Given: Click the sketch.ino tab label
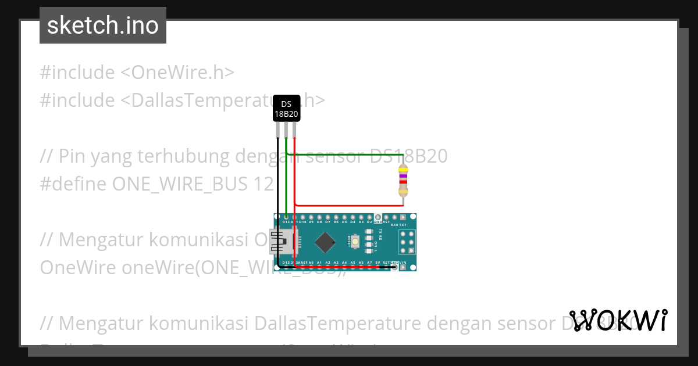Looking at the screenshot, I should pyautogui.click(x=102, y=26).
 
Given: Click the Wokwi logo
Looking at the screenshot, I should pyautogui.click(x=618, y=320).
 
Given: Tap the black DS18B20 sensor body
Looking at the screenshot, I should pyautogui.click(x=286, y=109).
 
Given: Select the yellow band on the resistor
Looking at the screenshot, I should pyautogui.click(x=403, y=170).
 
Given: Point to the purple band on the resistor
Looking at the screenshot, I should pyautogui.click(x=403, y=175).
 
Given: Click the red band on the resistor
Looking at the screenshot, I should pyautogui.click(x=403, y=182).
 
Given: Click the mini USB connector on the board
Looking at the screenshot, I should pyautogui.click(x=283, y=241).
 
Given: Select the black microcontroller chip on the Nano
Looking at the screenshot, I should pyautogui.click(x=325, y=242).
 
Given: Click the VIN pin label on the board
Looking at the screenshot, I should pyautogui.click(x=403, y=263).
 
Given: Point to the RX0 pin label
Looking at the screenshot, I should pyautogui.click(x=394, y=224).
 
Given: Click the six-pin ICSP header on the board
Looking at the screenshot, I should pyautogui.click(x=407, y=242).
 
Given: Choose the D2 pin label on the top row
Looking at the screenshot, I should pyautogui.click(x=369, y=222).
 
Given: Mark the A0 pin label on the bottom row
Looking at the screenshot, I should pyautogui.click(x=311, y=263).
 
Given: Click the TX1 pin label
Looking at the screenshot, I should pyautogui.click(x=403, y=224).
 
